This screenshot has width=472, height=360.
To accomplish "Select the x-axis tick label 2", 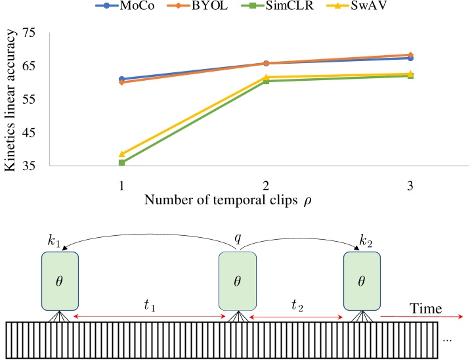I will pyautogui.click(x=266, y=186).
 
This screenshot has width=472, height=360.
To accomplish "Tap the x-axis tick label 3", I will pyautogui.click(x=410, y=186).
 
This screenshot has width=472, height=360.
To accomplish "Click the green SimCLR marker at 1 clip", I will pyautogui.click(x=122, y=162).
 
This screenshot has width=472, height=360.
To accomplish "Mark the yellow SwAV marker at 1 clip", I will pyautogui.click(x=122, y=154).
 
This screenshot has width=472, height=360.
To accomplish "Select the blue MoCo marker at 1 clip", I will pyautogui.click(x=122, y=79).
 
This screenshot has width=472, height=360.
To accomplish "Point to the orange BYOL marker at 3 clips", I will pyautogui.click(x=410, y=55).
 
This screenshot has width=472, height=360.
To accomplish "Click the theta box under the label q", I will pyautogui.click(x=238, y=281).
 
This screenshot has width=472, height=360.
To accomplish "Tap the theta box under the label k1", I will pyautogui.click(x=60, y=281).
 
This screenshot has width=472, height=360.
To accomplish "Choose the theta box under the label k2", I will pyautogui.click(x=362, y=281).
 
